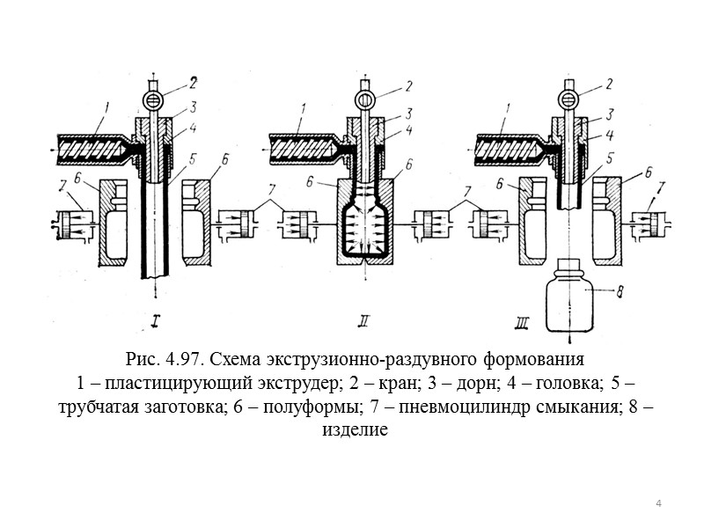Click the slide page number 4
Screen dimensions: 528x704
point(657,502)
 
